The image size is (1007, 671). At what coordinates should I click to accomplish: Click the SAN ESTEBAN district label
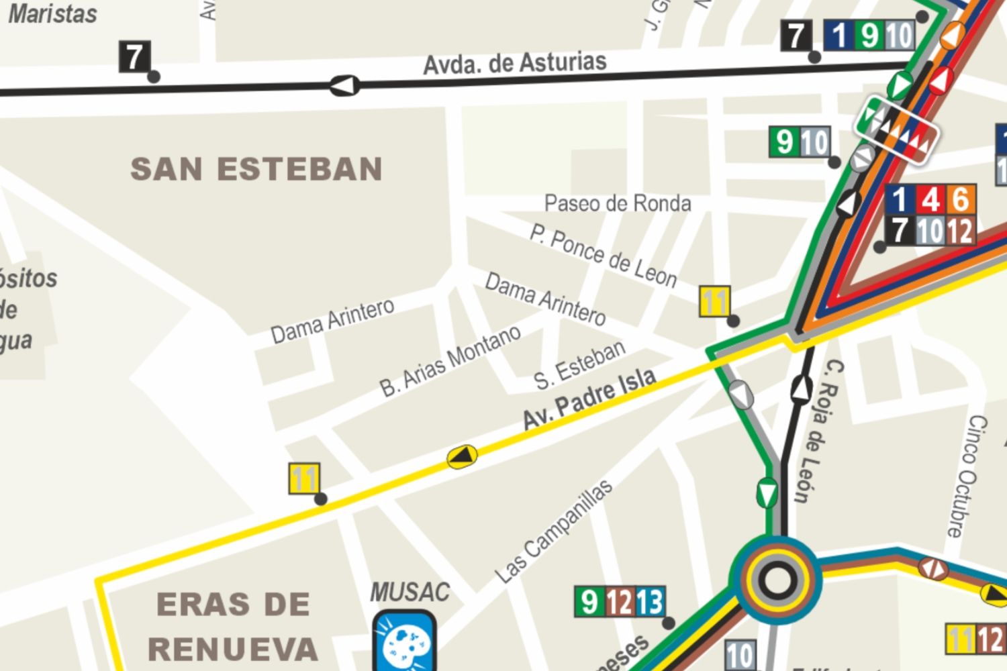coord(256,169)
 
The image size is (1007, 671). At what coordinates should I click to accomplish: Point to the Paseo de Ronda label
coord(617,203)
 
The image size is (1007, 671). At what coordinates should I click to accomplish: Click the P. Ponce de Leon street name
coord(603,256)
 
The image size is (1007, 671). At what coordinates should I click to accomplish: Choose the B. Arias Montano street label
coord(450,361)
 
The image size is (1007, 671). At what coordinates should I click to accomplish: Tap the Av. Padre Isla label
coord(589,399)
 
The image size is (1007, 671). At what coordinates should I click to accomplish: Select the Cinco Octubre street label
coord(967,476)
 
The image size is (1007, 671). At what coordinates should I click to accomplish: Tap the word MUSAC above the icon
coord(410,592)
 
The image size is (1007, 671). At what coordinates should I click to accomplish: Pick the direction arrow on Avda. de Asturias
coord(344,85)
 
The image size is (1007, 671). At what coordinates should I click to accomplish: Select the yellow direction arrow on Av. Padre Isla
coord(462,456)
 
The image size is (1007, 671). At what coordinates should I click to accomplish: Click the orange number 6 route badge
coord(961,199)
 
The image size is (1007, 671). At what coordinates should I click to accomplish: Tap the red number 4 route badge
coord(930,199)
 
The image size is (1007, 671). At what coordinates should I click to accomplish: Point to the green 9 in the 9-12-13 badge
coord(589,602)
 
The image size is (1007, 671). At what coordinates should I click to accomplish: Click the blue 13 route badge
coord(649,602)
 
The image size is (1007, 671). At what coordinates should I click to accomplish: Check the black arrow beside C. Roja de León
coord(801,388)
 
